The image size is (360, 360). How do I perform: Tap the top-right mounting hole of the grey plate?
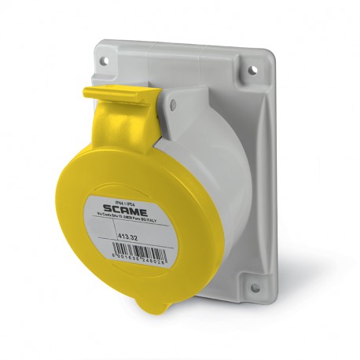(x=254, y=69)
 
